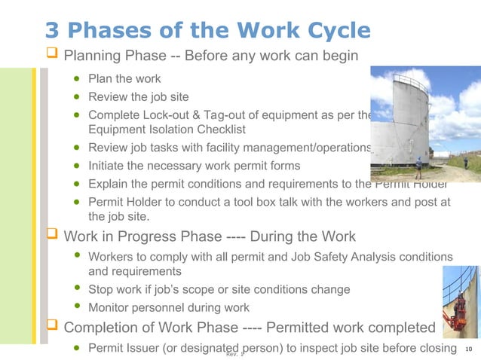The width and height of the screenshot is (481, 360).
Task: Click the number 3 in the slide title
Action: [x=52, y=30]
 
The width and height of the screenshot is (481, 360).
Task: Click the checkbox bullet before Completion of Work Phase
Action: [x=53, y=328]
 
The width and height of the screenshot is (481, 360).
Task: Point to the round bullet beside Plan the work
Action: [x=77, y=78]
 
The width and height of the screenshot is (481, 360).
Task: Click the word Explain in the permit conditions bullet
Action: [x=110, y=184]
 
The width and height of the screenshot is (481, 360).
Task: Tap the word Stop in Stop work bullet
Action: [x=102, y=289]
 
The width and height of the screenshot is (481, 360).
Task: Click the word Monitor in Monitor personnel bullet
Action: [x=111, y=307]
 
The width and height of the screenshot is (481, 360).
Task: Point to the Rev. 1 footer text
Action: [x=235, y=354]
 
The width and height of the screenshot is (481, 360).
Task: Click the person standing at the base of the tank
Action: [x=418, y=167]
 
